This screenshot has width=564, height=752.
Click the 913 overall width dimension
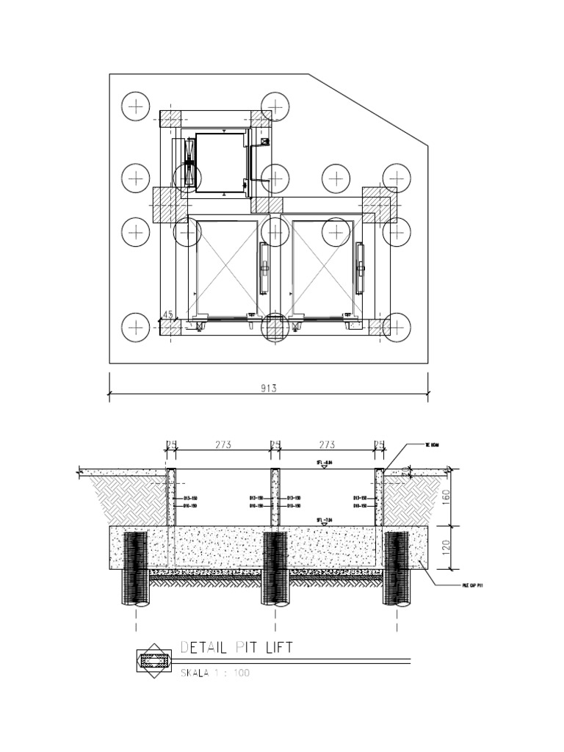coord(268,388)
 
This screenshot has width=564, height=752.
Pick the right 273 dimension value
coord(328,444)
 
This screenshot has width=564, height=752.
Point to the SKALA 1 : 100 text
coord(215,673)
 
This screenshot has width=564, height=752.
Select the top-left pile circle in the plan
coord(136,107)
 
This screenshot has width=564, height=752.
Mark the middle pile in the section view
coord(275,568)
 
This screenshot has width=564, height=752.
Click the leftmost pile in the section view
coord(136,568)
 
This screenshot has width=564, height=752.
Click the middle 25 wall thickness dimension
coord(275,444)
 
